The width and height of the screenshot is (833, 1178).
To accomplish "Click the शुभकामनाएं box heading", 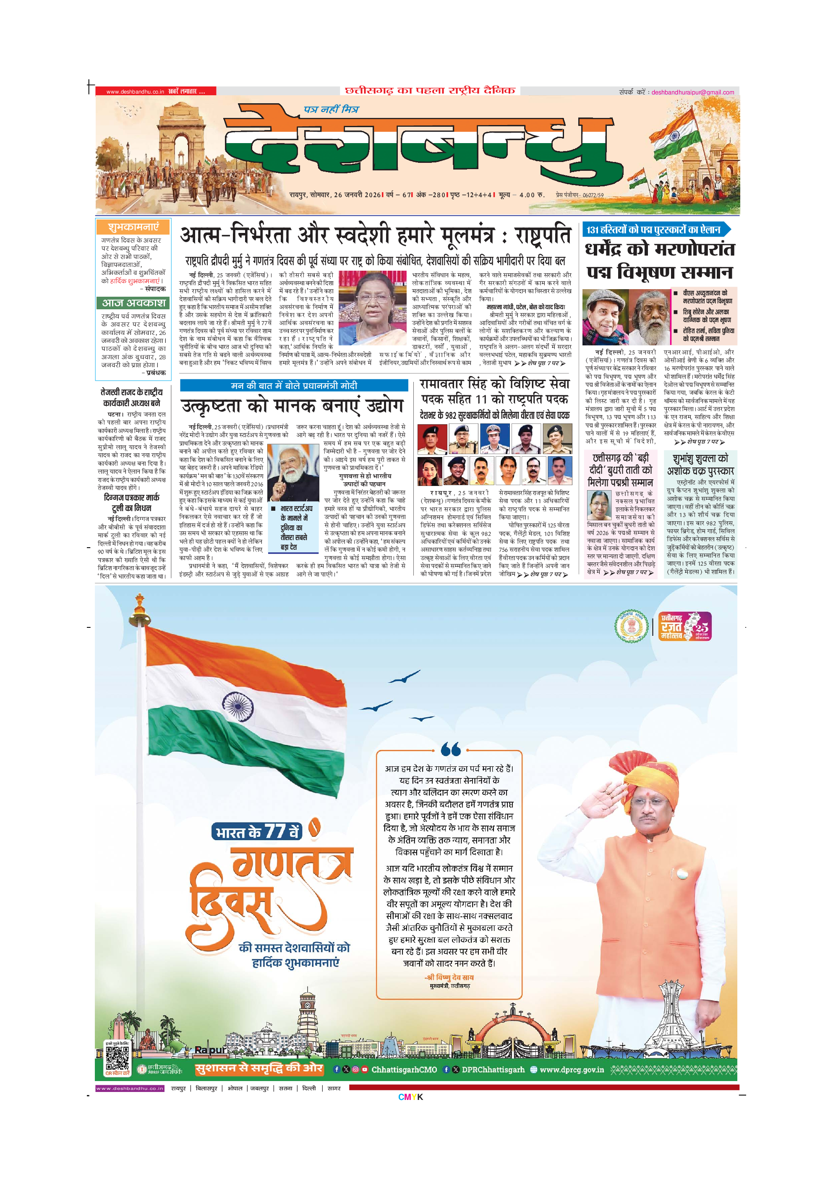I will click(x=133, y=227).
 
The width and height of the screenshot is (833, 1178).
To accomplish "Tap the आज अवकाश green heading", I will click(x=133, y=303).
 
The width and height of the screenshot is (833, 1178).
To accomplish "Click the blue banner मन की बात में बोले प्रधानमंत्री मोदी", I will click(x=293, y=385).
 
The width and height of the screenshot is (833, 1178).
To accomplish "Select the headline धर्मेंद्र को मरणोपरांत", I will click(x=660, y=250).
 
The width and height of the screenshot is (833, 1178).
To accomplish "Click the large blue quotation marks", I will click(x=450, y=750).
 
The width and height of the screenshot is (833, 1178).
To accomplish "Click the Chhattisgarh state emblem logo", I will click(x=632, y=627).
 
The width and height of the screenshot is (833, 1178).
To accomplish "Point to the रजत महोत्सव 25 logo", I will click(x=684, y=627).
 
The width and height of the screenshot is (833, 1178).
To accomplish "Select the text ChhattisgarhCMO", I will click(x=404, y=1070).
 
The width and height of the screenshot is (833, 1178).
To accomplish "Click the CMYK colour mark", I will click(x=410, y=1097).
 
